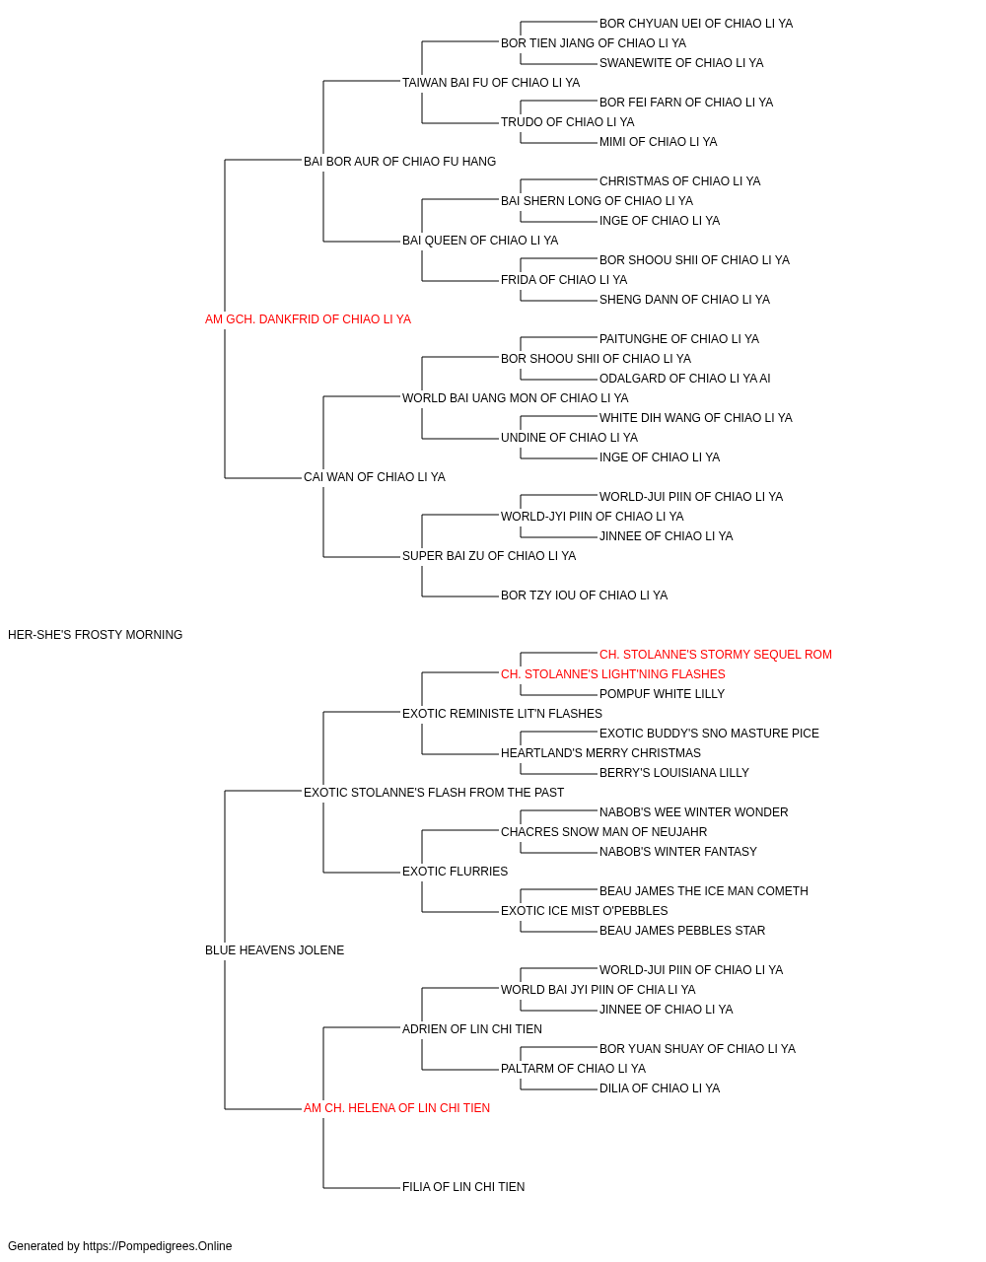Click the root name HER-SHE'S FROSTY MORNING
[x=96, y=635]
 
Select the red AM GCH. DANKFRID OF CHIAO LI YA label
[x=308, y=319]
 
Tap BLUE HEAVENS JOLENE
[x=275, y=950]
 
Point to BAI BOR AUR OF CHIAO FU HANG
[x=399, y=162]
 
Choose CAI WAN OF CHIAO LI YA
[x=375, y=477]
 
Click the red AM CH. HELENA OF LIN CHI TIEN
[x=396, y=1108]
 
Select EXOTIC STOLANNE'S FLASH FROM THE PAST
[x=434, y=793]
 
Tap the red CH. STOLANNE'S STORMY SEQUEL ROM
[x=716, y=655]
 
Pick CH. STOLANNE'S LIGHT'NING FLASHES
[x=612, y=674]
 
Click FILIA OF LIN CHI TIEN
[x=463, y=1187]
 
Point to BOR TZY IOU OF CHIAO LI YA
[x=584, y=596]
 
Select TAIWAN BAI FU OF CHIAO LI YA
[x=491, y=83]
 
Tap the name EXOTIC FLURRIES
[x=456, y=872]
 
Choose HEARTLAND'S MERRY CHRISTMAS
[x=601, y=753]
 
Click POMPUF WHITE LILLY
[x=662, y=694]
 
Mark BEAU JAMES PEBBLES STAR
[x=682, y=931]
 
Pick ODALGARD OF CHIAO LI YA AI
[x=684, y=379]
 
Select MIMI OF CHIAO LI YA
[x=658, y=142]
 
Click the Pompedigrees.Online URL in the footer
[x=158, y=1246]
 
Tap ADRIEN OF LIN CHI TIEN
[x=472, y=1029]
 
